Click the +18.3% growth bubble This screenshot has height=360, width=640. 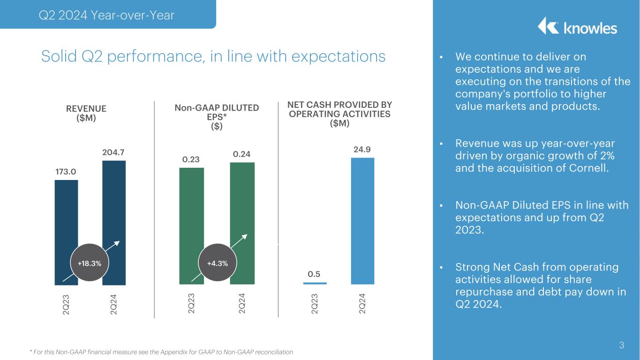(89, 263)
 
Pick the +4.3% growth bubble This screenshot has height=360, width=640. (218, 263)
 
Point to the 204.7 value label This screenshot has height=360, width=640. (114, 152)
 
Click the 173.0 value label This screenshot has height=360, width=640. (66, 172)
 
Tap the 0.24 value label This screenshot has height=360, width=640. (242, 154)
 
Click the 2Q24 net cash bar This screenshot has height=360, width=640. (362, 220)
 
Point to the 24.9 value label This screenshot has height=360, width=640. (362, 150)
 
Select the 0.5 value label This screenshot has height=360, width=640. (314, 273)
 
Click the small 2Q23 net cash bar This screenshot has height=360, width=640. (315, 283)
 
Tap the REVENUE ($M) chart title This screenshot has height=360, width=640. (86, 113)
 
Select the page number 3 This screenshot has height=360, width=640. (621, 346)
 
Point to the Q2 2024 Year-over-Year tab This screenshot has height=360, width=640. (107, 15)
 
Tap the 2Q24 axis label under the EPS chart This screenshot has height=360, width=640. (242, 302)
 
